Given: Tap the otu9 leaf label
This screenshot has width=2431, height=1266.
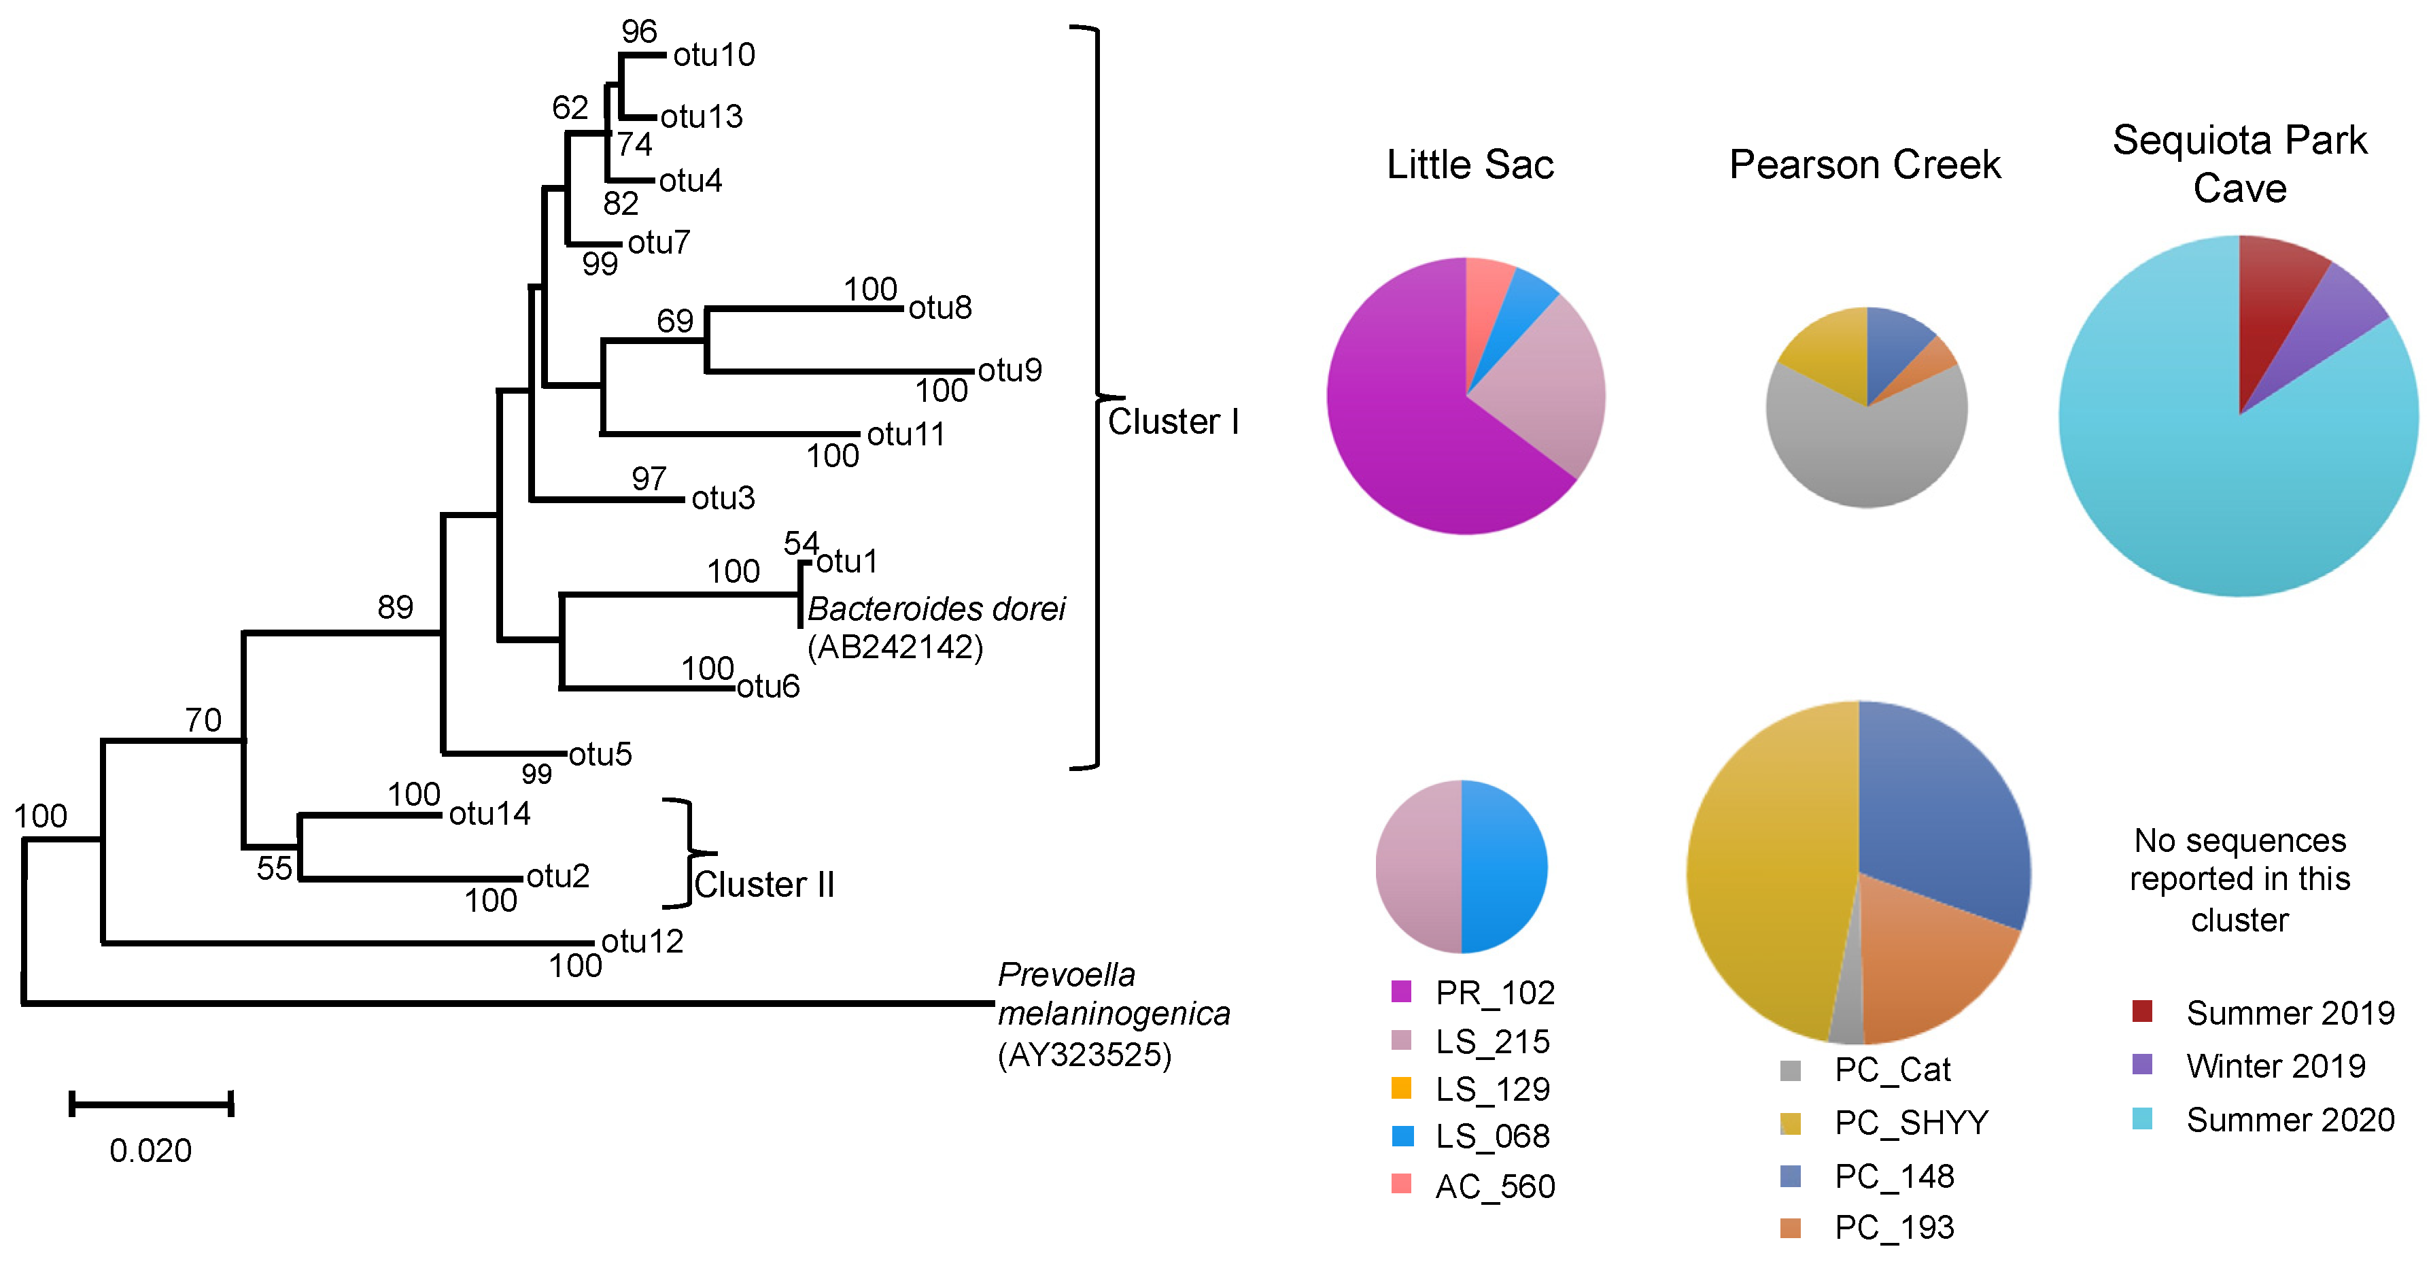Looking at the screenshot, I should click(1009, 370).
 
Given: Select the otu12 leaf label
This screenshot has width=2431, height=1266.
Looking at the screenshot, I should click(642, 941).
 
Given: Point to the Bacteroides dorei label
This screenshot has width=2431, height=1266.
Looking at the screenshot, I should click(936, 610).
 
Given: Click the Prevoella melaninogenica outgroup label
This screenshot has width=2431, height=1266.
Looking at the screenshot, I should click(1114, 1014).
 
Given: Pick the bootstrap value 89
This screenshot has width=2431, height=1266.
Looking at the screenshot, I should click(396, 607).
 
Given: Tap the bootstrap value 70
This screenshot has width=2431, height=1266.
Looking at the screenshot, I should click(203, 720).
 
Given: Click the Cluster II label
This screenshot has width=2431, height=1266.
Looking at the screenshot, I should click(764, 885).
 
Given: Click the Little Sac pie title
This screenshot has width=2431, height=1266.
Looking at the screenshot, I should click(1469, 165).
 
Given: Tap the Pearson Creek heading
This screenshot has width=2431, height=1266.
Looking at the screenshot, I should click(1865, 165).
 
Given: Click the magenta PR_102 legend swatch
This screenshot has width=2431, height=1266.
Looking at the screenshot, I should click(1401, 991).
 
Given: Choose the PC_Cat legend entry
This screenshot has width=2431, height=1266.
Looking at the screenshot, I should click(1892, 1070).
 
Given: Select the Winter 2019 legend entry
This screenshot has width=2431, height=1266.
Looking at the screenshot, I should click(2275, 1066).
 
